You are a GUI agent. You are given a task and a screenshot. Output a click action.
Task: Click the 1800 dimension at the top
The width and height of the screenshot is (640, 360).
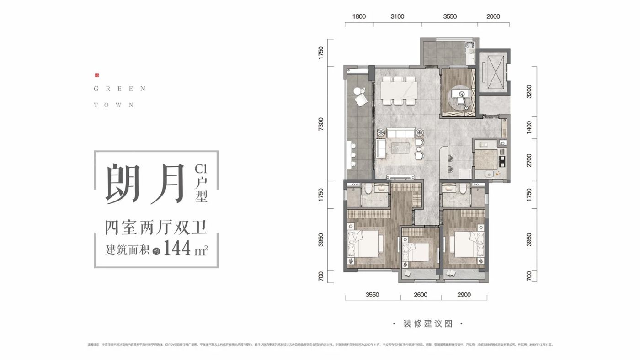[x=359, y=16]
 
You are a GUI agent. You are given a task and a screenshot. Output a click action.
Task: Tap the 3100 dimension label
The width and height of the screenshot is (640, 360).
[x=398, y=16]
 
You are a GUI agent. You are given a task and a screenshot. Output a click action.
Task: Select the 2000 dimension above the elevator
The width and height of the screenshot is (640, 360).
[x=493, y=16]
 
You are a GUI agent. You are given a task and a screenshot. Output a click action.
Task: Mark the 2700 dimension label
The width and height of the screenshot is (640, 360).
[x=529, y=159]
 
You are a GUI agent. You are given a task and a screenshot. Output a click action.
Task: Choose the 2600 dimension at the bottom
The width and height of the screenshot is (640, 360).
[x=421, y=295]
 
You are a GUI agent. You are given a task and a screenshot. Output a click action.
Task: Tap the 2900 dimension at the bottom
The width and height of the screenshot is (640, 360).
[x=464, y=295]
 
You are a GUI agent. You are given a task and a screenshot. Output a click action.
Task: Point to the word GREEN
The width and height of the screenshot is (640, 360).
[x=119, y=89]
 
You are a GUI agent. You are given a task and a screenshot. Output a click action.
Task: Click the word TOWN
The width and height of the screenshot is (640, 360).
[x=114, y=105]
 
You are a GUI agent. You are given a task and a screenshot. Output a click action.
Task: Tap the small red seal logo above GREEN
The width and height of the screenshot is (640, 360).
[x=96, y=75]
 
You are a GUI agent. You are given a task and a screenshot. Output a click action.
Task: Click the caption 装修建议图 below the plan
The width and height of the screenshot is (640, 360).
[x=428, y=323]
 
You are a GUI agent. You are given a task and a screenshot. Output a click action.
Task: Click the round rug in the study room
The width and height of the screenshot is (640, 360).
[x=459, y=96]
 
